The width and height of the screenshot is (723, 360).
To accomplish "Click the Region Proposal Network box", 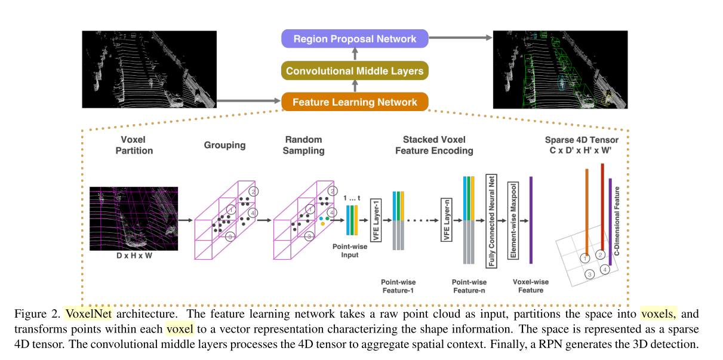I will point(355,39).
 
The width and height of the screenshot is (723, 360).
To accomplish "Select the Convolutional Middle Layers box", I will point(355,71).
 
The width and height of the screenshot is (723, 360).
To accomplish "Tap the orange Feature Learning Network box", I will point(355,102).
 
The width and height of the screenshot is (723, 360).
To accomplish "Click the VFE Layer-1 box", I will point(376,220).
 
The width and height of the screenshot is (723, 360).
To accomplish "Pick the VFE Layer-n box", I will point(445,220).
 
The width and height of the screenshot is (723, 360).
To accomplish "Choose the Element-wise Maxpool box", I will point(512,220).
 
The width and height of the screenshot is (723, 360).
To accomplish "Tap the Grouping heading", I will point(224,145).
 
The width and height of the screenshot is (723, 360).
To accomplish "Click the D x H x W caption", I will point(134,256).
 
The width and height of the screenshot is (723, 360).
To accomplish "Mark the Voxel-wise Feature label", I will point(531,285).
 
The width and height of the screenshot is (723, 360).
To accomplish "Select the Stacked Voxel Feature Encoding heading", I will point(434,145).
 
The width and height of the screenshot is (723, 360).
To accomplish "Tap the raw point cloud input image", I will point(149,69).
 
